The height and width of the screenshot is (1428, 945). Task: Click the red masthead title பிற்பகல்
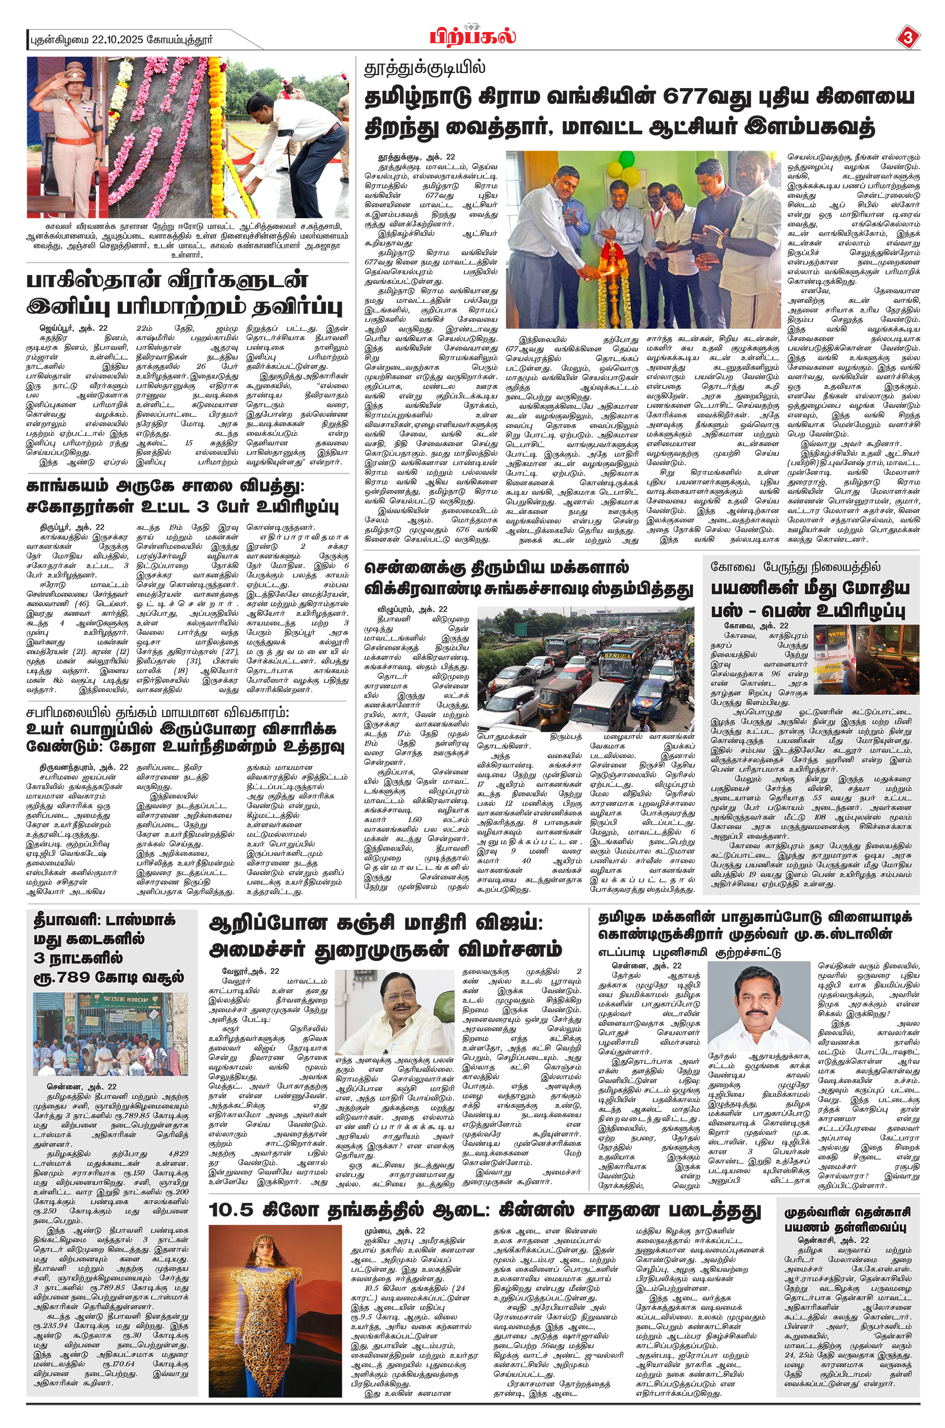tap(472, 37)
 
